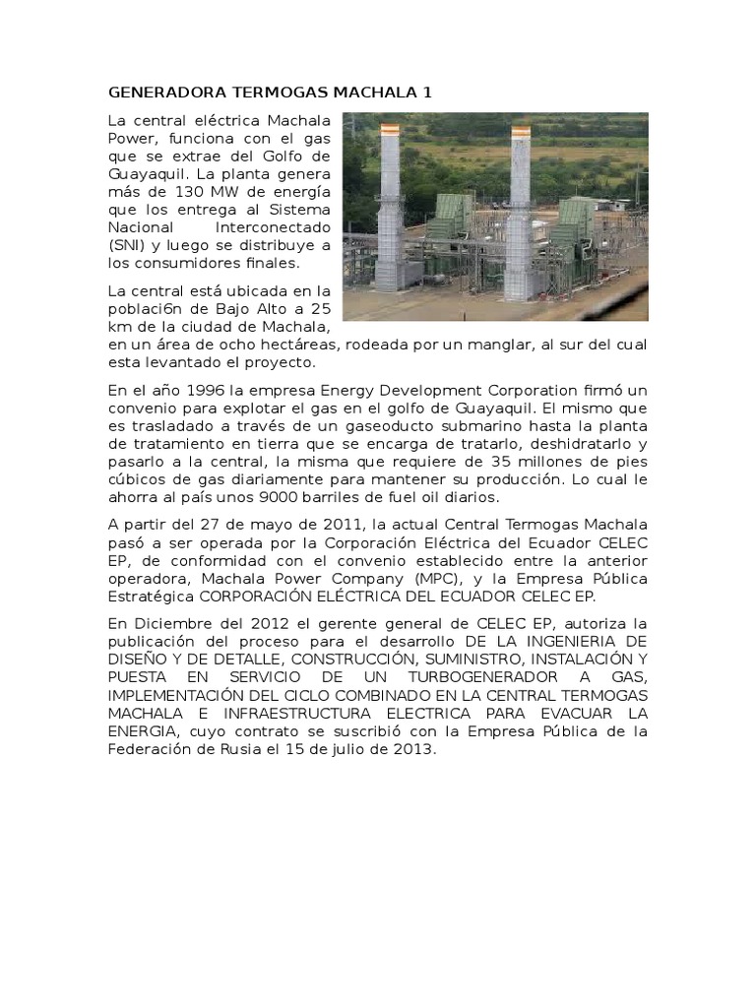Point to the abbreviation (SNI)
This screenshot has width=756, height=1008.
127,245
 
